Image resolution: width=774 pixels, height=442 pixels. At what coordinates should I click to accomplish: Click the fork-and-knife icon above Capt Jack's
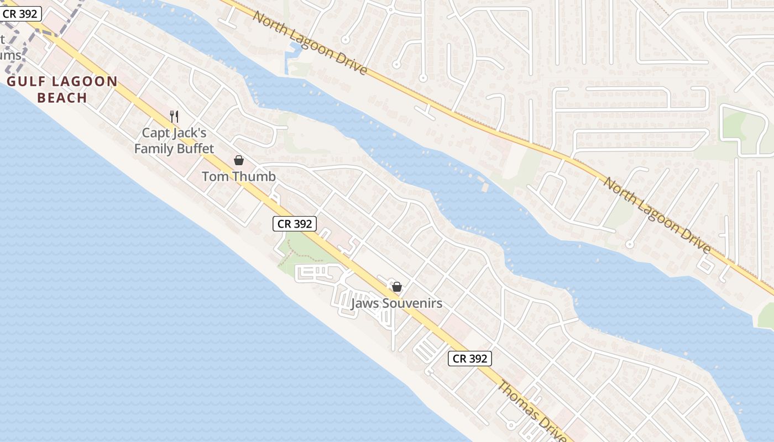point(174,116)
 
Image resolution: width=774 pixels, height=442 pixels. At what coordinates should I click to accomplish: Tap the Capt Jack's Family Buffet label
point(174,141)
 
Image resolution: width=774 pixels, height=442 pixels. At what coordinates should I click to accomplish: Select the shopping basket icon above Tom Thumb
point(239,160)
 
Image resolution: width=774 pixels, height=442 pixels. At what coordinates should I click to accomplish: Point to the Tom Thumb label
point(238,177)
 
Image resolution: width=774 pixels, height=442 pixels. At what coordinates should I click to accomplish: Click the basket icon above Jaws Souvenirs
point(397,287)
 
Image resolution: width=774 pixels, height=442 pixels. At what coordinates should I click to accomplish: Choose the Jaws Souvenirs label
point(397,303)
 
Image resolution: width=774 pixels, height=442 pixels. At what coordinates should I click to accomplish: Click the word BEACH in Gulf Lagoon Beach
point(62,98)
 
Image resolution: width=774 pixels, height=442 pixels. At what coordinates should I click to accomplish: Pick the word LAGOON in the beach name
point(84,82)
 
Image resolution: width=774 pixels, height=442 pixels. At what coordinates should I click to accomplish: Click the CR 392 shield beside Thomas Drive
point(469,359)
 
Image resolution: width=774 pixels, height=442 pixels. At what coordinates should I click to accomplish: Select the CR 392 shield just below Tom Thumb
point(295,224)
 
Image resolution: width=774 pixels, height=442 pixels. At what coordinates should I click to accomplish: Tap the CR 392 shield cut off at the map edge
point(20,14)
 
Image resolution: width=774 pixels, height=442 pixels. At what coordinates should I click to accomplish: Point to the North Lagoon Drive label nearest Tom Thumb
point(310,42)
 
